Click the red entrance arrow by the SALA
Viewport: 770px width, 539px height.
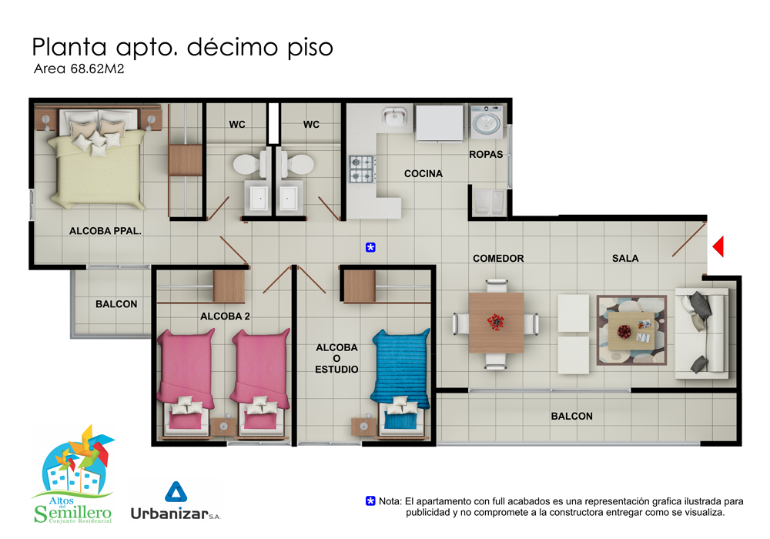(719, 246)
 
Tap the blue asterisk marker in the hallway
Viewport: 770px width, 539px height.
(371, 247)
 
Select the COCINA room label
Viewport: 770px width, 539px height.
(423, 174)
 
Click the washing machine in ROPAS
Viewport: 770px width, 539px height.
(487, 122)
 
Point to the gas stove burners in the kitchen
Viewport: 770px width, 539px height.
(363, 169)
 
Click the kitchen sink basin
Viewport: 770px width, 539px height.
(395, 117)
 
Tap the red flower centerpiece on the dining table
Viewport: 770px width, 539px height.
(495, 323)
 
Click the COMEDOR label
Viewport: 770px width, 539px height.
(498, 258)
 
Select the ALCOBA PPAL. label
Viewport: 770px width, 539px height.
(105, 231)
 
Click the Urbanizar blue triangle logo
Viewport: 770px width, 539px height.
(176, 491)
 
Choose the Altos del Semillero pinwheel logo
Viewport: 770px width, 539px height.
(73, 474)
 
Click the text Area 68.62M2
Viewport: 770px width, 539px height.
(79, 69)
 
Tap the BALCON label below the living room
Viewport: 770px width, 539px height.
(571, 417)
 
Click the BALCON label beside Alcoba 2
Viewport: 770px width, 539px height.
(116, 304)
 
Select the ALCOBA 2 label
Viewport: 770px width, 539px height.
(225, 316)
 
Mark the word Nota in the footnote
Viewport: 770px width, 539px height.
(390, 501)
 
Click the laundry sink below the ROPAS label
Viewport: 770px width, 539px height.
(489, 203)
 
